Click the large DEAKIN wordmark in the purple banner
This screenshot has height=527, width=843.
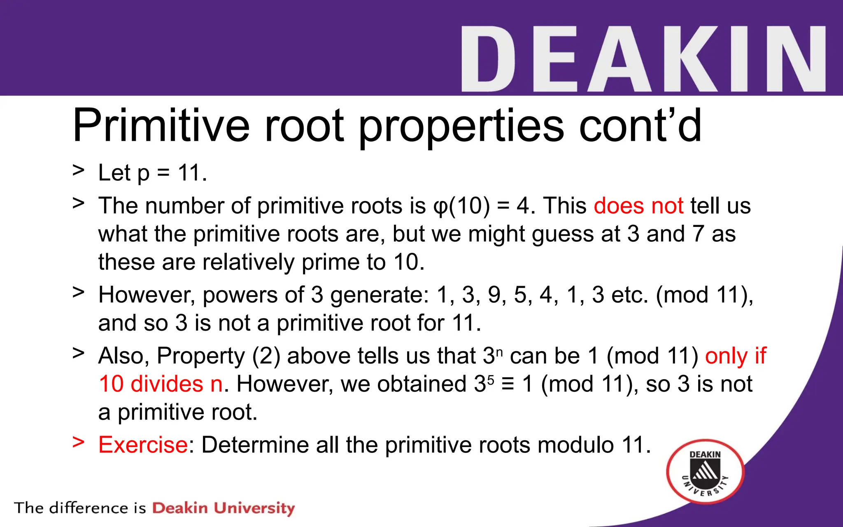[643, 59]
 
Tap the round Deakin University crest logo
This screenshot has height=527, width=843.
[705, 471]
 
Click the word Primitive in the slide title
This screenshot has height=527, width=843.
[161, 125]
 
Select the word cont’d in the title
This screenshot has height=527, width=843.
[640, 125]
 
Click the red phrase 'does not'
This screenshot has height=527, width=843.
[638, 205]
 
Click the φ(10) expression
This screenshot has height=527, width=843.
[462, 205]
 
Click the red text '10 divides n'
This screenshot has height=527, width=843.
[161, 384]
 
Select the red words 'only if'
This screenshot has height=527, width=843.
[736, 356]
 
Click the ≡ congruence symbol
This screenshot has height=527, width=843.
[508, 384]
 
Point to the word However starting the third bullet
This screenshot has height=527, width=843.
[146, 295]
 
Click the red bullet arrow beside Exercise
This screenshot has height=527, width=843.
[78, 442]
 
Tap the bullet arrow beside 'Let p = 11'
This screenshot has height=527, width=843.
[78, 170]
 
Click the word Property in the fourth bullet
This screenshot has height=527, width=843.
[201, 356]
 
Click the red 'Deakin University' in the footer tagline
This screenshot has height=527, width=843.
[224, 508]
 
